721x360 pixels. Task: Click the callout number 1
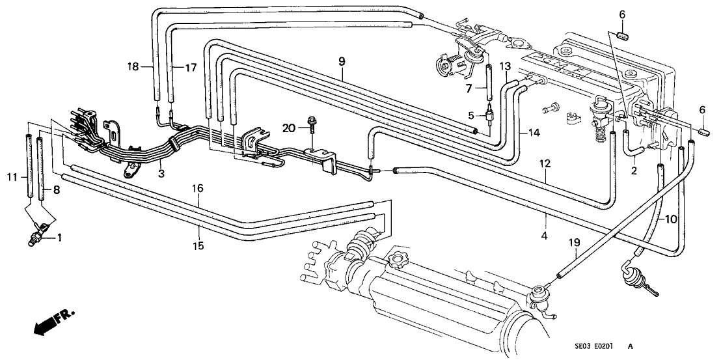(x=61, y=238)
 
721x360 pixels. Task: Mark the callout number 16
(x=198, y=188)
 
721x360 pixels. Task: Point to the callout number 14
(x=534, y=133)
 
